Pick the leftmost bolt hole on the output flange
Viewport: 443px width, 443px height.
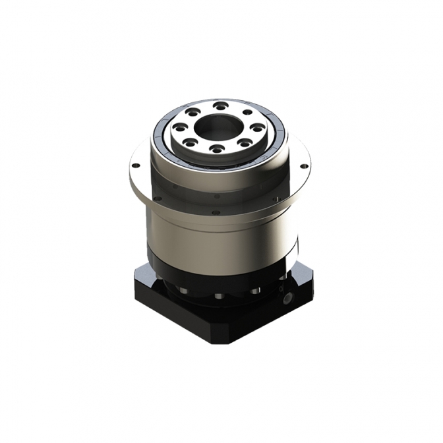tap(179, 127)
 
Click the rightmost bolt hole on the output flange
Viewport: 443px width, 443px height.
tap(258, 127)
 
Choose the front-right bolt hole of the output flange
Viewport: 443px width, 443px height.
tap(245, 142)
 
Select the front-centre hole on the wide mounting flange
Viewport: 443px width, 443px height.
tap(216, 212)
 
